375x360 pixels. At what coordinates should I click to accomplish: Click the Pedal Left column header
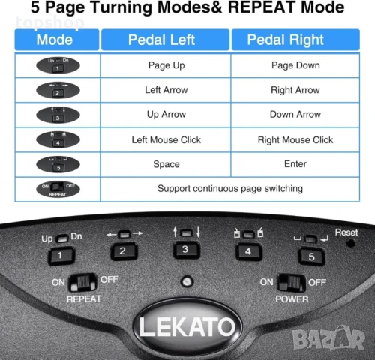point(166,40)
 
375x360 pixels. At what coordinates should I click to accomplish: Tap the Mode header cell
point(55,40)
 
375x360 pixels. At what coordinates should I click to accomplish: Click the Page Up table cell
point(166,65)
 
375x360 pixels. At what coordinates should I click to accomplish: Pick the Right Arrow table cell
point(295,90)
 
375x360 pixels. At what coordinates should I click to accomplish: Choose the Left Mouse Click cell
point(166,139)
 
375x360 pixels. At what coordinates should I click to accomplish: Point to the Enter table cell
point(295,164)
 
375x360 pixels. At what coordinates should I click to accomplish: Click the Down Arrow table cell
point(295,115)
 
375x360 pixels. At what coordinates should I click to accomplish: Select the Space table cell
point(166,164)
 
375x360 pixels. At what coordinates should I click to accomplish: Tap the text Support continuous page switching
point(230,188)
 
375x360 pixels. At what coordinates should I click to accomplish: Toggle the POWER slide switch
point(291,283)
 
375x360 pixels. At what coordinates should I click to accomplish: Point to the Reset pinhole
point(349,244)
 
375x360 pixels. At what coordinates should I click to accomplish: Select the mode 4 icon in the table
point(55,139)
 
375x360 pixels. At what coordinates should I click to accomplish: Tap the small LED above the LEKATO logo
point(184,283)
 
